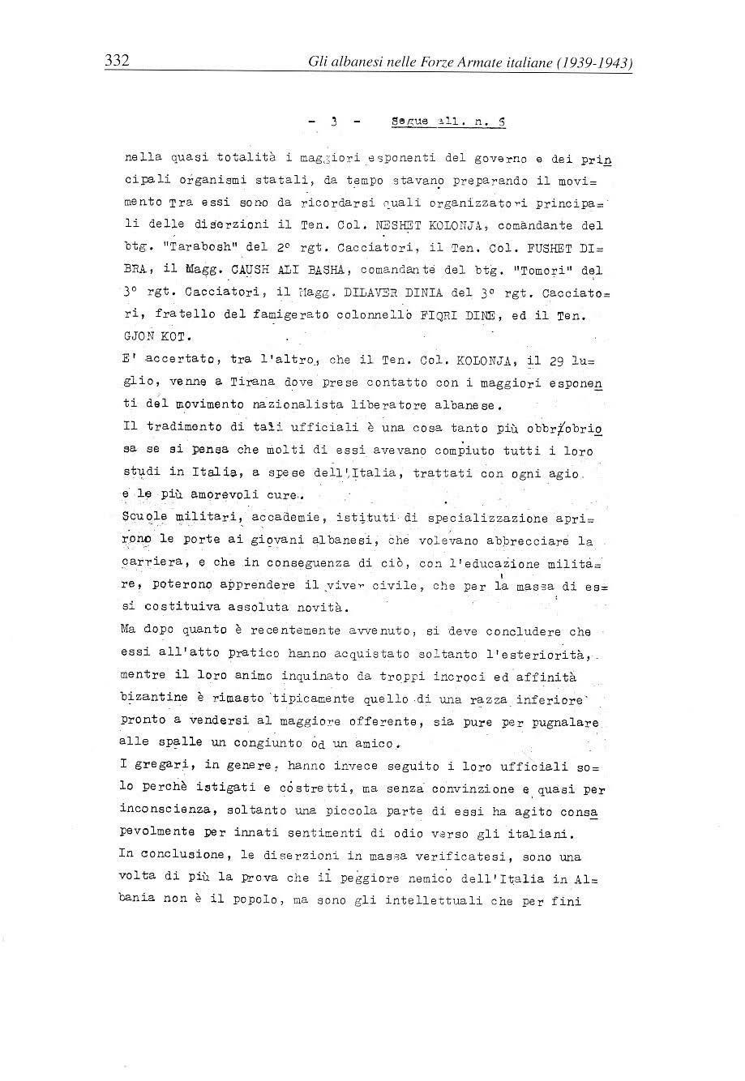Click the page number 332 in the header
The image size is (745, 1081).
point(118,61)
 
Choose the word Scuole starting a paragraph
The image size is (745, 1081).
point(143,518)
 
